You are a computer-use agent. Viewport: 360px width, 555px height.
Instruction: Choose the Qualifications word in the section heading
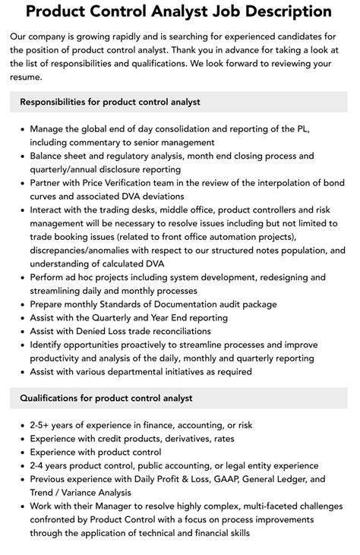pos(54,398)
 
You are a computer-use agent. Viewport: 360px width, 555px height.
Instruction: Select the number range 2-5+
pos(43,425)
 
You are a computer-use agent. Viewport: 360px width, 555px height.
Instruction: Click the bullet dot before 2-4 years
pos(20,466)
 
